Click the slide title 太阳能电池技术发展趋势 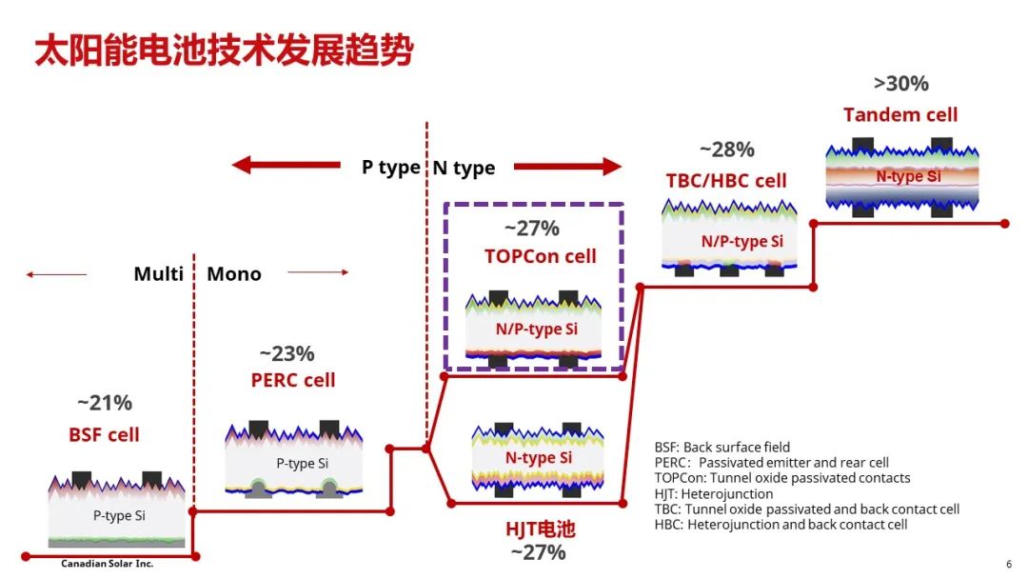point(225,50)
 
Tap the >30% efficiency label point(900,84)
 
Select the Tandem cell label point(900,114)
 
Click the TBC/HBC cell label point(725,180)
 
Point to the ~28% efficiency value point(727,150)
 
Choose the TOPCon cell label point(541,256)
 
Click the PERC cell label point(293,380)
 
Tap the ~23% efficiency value point(287,353)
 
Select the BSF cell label point(105,434)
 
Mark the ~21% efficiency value point(105,403)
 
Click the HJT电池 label point(541,529)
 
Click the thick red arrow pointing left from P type point(287,166)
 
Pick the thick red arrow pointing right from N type point(567,167)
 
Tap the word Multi point(159,273)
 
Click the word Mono point(234,273)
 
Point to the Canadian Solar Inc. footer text point(107,563)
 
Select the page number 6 point(1009,564)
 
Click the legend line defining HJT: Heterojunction point(713,493)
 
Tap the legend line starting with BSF point(722,448)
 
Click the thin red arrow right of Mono point(318,272)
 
